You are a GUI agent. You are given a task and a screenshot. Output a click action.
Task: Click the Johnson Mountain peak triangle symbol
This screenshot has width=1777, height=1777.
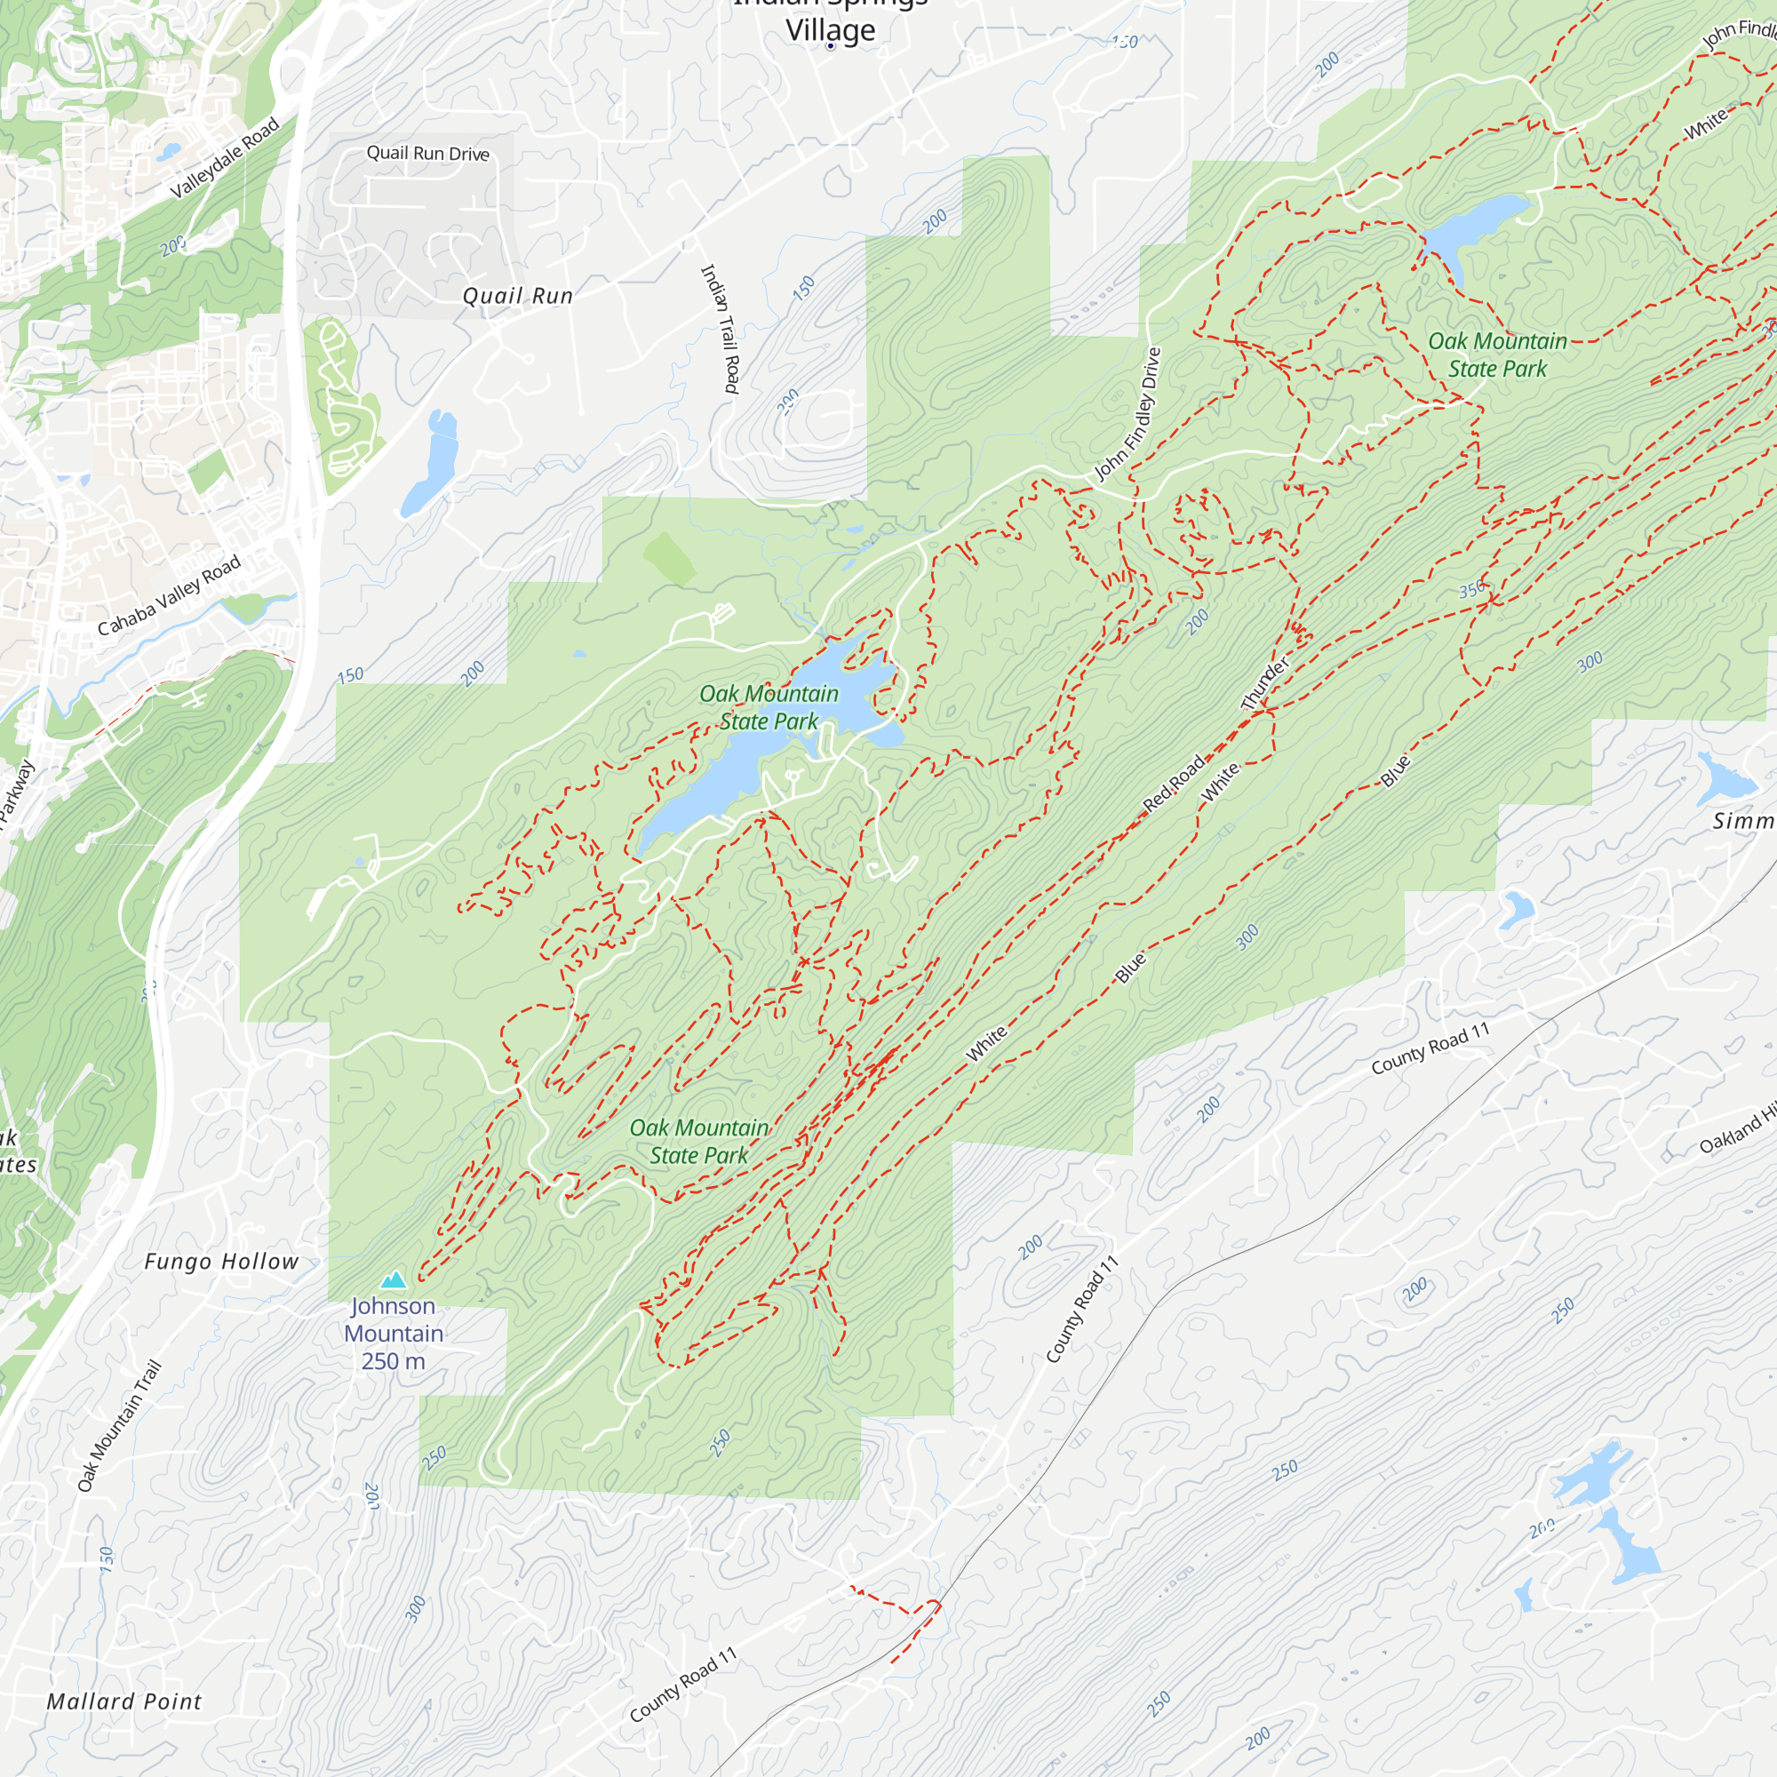coord(394,1279)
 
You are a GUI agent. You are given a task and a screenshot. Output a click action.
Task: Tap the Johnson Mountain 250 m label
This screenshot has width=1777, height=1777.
coord(394,1333)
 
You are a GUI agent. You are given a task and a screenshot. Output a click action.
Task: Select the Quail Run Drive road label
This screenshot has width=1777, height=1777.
coord(427,154)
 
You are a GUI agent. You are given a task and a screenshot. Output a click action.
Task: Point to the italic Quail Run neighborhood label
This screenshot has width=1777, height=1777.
coord(518,296)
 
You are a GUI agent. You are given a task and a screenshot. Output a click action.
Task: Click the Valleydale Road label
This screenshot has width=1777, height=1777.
coord(226,158)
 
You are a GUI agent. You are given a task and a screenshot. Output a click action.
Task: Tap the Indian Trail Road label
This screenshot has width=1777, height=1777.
coord(721,329)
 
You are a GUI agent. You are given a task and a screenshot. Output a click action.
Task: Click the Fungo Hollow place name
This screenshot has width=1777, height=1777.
coord(221,1262)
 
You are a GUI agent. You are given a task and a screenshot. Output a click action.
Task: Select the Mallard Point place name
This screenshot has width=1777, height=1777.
coord(124,1701)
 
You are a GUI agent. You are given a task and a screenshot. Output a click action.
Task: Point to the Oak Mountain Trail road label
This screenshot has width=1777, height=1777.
coord(120,1426)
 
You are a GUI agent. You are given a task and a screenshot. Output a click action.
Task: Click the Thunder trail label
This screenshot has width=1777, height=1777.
coord(1265,683)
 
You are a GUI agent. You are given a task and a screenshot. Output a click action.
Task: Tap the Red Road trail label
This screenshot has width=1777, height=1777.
coord(1174,784)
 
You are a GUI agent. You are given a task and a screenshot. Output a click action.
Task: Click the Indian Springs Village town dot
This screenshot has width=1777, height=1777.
coord(831,46)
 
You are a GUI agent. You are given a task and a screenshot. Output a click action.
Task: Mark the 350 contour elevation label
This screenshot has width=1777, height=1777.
coord(1471,589)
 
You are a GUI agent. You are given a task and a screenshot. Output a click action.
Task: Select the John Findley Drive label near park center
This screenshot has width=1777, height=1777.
coord(1128,415)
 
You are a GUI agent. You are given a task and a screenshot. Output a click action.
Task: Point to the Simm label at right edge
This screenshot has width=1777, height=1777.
coord(1743,821)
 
